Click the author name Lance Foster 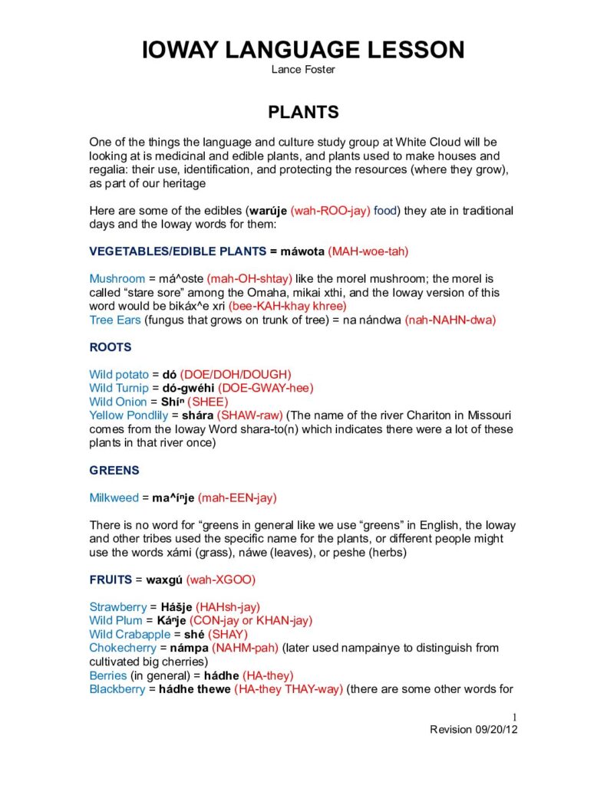[303, 70]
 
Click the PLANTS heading [303, 112]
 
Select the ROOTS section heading [111, 347]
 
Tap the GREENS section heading [114, 471]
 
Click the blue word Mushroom [117, 279]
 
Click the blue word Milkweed [114, 498]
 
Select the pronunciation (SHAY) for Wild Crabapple [228, 635]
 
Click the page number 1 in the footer [515, 718]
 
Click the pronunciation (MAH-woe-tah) [368, 251]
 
